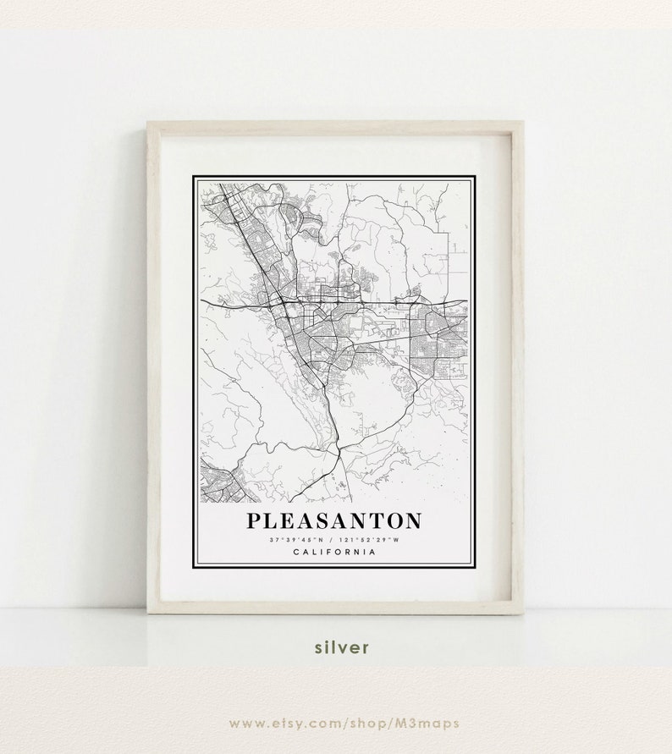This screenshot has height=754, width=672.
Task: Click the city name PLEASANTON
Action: pos(333,520)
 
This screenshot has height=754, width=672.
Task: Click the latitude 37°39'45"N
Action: pos(297,539)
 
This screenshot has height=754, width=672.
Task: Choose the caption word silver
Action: pos(342,647)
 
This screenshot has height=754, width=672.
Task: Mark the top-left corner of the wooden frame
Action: pos(149,124)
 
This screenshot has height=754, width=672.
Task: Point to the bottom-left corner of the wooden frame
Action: pos(149,612)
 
